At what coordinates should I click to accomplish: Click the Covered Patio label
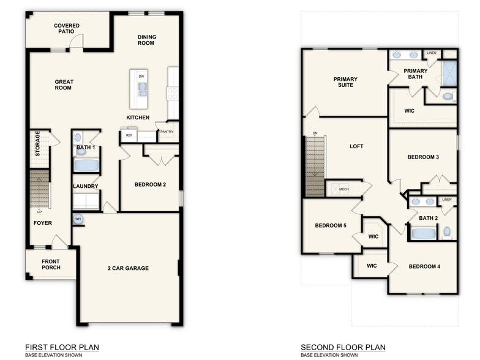tap(67, 28)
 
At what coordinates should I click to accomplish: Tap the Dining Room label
tap(146, 40)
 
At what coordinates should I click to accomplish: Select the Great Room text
tap(64, 84)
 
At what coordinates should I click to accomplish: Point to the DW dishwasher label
tap(141, 77)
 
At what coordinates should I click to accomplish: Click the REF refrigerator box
tap(129, 135)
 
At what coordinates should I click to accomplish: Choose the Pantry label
tap(167, 132)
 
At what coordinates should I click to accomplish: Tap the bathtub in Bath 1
tap(86, 165)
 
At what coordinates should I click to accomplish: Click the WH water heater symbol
tap(78, 219)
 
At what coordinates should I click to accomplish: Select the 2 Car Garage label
tap(128, 268)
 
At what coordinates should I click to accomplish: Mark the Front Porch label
tap(50, 264)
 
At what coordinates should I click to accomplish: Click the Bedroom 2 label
tap(150, 185)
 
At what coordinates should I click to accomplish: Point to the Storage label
tap(38, 144)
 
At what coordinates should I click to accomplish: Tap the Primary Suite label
tap(345, 82)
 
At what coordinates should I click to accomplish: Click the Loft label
tap(357, 147)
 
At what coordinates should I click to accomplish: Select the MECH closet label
tap(344, 190)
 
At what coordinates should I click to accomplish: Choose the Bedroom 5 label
tap(331, 226)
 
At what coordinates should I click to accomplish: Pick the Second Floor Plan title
tap(343, 348)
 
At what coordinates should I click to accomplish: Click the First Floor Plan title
tap(62, 348)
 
